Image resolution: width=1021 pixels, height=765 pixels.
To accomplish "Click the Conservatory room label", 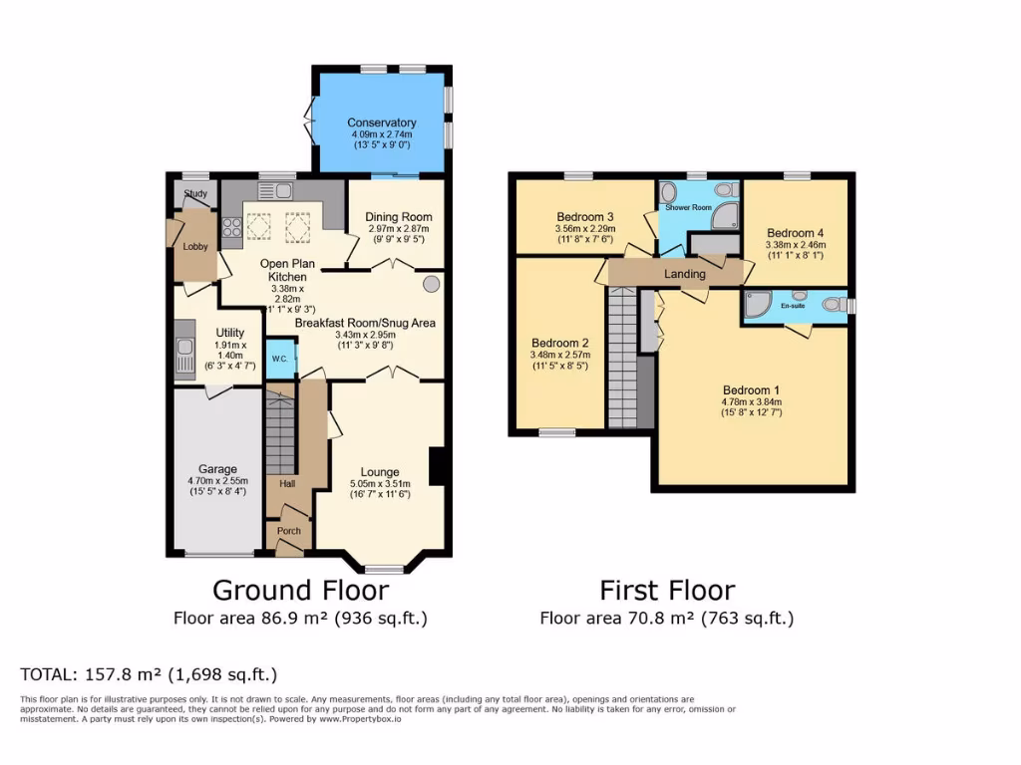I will pos(381,123).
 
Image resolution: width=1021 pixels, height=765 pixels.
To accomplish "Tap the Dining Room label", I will pos(398,216).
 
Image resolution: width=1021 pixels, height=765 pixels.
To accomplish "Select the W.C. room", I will pos(280,360).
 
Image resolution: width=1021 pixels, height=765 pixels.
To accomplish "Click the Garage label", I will pos(217,469).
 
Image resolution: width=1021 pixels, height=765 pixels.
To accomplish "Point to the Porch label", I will pos(288,531).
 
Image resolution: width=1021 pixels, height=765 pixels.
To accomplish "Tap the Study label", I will pos(194,193).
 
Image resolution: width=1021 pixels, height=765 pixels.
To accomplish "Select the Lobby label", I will pos(194,246).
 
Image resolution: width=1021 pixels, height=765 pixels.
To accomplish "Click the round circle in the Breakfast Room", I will pos(431,284).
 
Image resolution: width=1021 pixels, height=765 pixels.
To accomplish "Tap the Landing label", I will pos(685,273).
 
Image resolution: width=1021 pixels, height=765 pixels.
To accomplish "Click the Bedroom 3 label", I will pos(585,216).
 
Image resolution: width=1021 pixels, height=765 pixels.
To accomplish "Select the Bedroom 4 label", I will pos(795,232).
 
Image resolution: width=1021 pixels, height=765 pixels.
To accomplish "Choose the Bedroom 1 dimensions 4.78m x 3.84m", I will pos(753,401).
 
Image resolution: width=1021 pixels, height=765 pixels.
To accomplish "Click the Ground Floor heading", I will pos(300,590).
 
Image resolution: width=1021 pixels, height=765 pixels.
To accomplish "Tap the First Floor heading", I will pos(667,590).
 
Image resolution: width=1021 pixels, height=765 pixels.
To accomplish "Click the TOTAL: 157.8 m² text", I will pos(149,673).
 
